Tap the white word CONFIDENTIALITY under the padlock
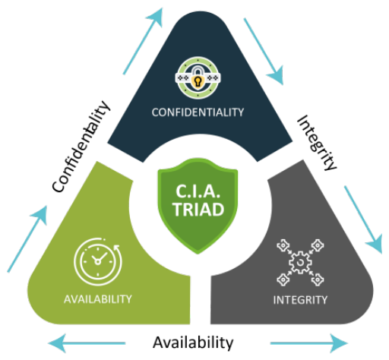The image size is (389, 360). point(198,112)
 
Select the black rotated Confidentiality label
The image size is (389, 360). point(81,147)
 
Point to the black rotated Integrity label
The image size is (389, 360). point(317,143)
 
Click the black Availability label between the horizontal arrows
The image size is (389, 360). point(193,343)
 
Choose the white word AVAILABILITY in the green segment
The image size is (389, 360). point(98,299)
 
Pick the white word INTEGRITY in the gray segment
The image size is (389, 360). point(300,300)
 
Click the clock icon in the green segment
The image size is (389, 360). point(98,261)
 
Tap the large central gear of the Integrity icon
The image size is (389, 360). point(300,262)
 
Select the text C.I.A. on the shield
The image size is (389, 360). point(198,191)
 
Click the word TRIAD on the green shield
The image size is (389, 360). point(198,210)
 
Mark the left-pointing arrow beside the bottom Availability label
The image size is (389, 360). point(87,343)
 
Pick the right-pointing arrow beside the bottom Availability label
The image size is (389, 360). point(309,343)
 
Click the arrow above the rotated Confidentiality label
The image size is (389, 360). point(143,41)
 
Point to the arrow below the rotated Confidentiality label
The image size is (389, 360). point(27,239)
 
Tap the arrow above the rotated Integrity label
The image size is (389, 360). point(264,52)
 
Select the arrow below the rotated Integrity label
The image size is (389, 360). point(363,219)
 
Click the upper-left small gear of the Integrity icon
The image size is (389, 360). point(283,245)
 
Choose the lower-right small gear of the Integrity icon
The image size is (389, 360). point(318,279)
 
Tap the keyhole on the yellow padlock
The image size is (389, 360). point(198,82)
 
